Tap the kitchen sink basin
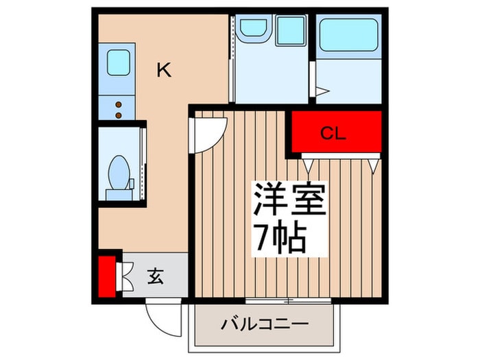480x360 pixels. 118,62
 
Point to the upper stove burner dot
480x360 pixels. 118,104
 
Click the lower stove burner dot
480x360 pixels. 118,112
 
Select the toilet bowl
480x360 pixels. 119,171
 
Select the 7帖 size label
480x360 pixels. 281,238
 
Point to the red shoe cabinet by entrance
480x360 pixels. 106,276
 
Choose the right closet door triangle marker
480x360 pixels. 374,165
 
